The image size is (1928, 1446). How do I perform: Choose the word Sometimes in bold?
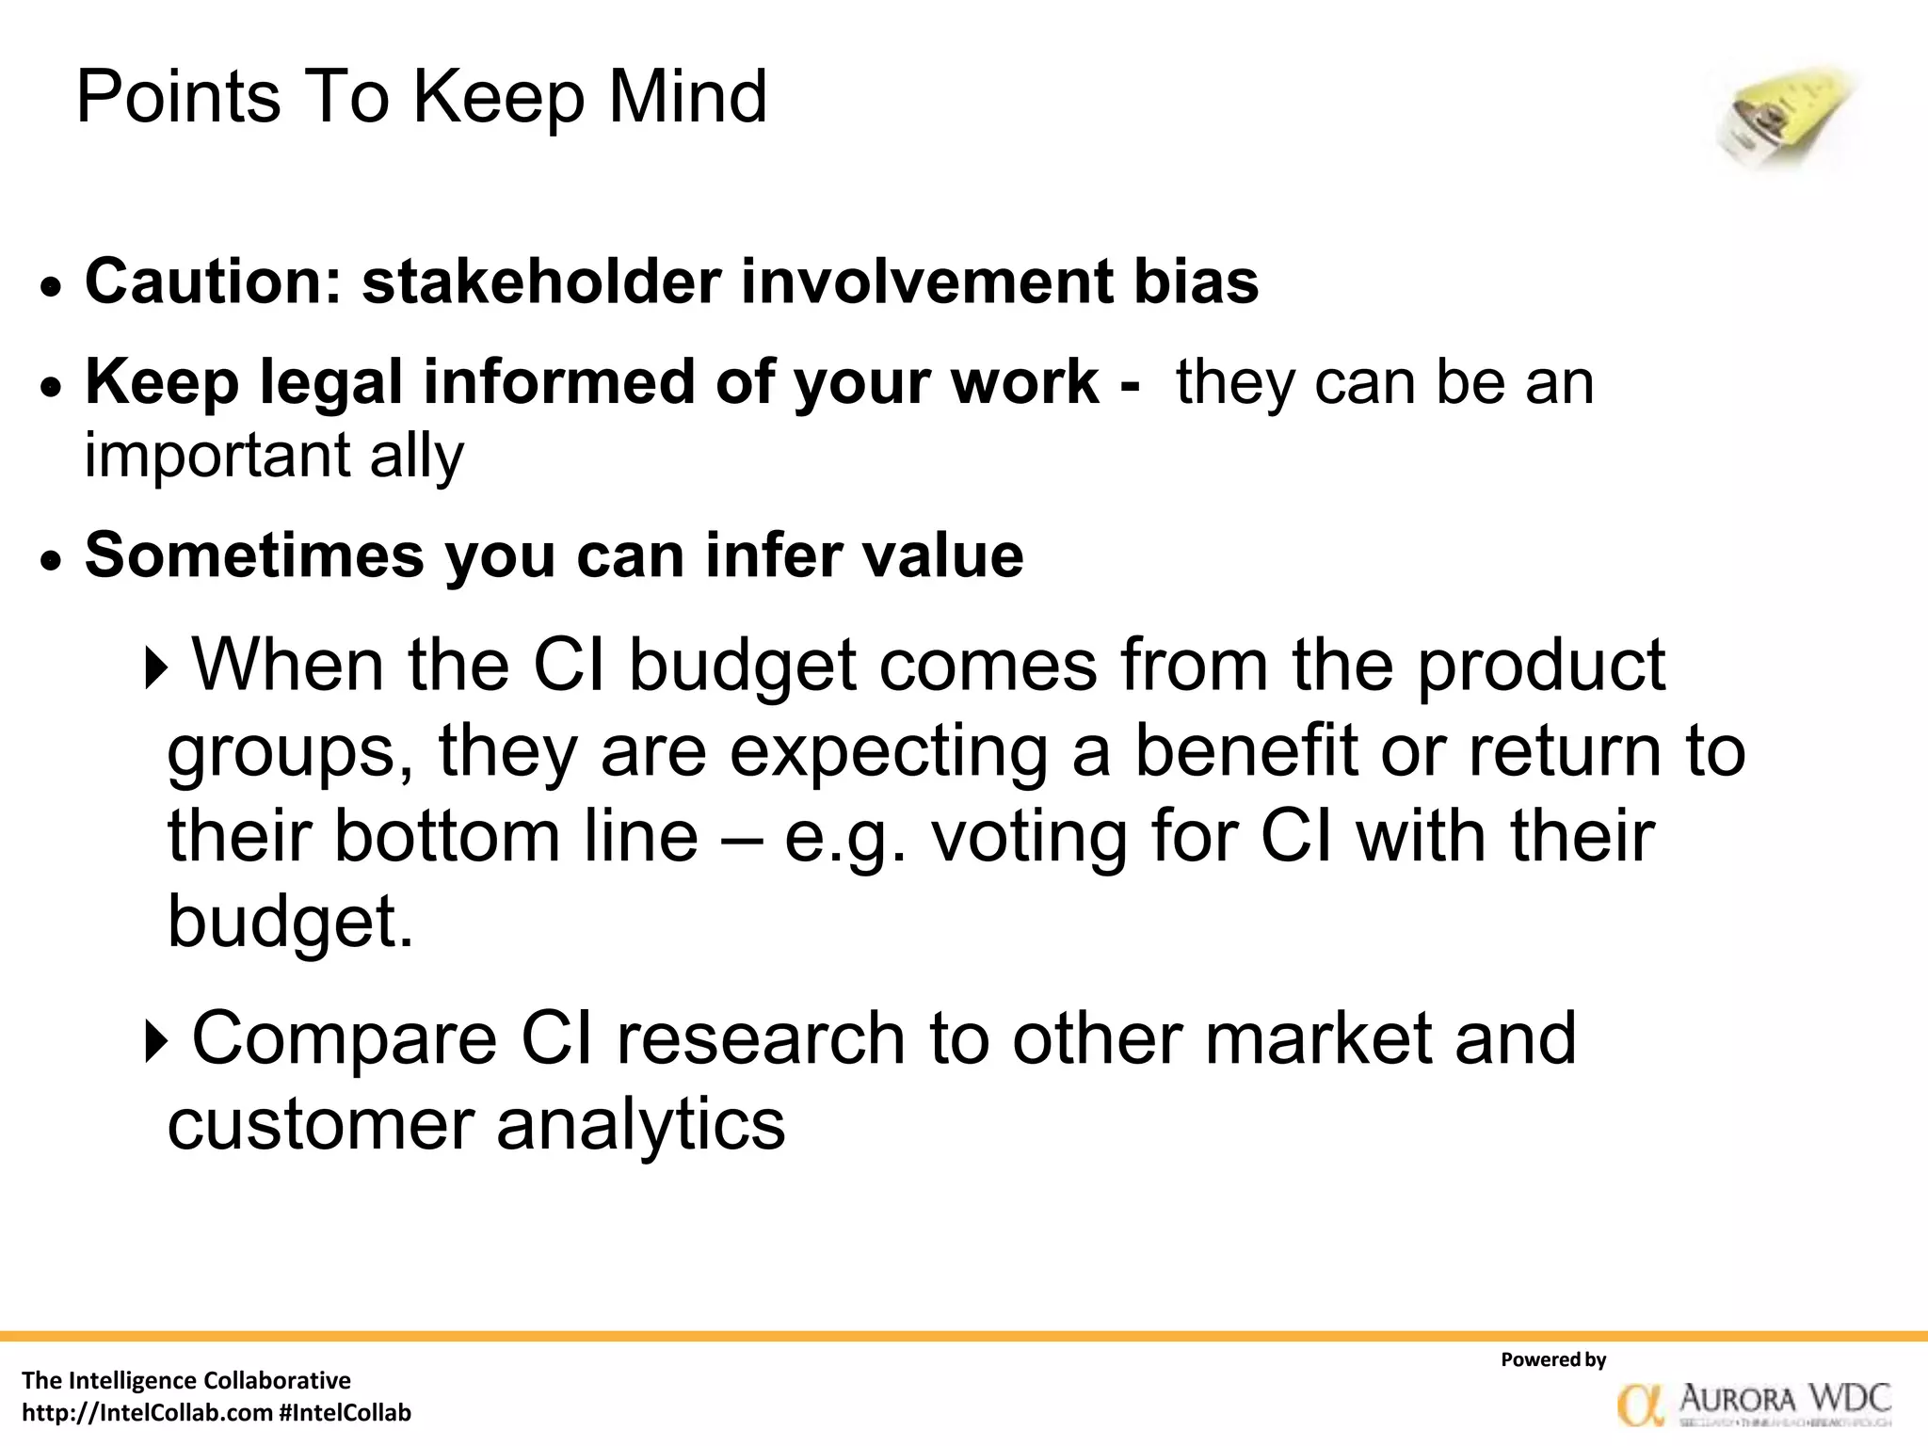point(255,554)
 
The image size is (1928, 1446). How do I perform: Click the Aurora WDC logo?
point(1754,1404)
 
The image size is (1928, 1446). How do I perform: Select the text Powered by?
point(1553,1359)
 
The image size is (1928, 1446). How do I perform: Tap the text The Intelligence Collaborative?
point(186,1380)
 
